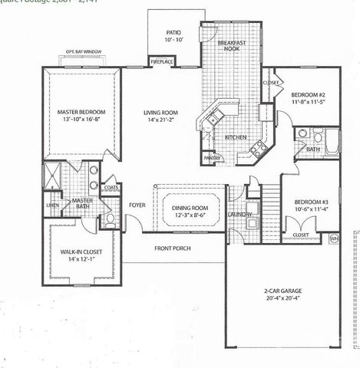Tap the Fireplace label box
click(162, 60)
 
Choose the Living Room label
click(162, 113)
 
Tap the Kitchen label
click(234, 137)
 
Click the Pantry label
click(213, 159)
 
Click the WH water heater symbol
click(334, 238)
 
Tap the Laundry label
click(240, 215)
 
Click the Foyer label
click(137, 205)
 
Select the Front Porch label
click(173, 248)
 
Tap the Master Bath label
click(82, 205)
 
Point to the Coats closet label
click(111, 187)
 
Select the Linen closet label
click(52, 205)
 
